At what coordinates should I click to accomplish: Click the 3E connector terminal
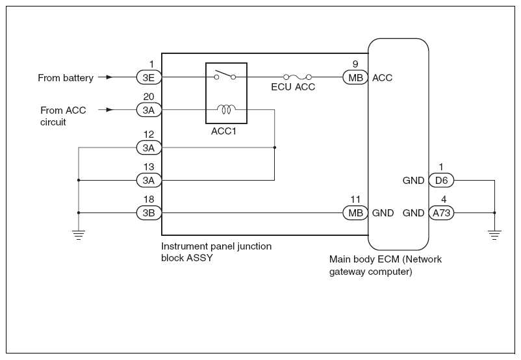(x=149, y=77)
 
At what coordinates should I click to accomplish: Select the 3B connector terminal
(x=149, y=212)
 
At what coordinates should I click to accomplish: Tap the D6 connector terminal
(x=441, y=181)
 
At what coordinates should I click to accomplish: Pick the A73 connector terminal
(x=441, y=212)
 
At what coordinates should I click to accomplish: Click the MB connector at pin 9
(x=355, y=77)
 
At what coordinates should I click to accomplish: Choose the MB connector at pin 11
(x=355, y=212)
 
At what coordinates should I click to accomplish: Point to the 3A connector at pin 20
(x=149, y=110)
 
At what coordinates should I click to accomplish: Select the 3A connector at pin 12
(x=149, y=148)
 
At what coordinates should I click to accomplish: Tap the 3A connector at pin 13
(x=149, y=181)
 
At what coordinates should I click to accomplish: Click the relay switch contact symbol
(x=225, y=75)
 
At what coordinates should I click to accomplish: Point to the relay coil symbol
(x=226, y=109)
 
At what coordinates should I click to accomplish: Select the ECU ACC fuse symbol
(x=298, y=77)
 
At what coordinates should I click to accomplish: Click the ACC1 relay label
(x=223, y=131)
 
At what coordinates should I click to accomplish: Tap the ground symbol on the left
(x=79, y=235)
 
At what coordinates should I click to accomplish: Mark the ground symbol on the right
(x=495, y=235)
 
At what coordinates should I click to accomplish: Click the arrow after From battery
(x=106, y=77)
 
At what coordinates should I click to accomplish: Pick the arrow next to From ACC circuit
(x=106, y=110)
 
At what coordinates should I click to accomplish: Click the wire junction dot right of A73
(x=495, y=212)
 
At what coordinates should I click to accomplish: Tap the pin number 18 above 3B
(x=149, y=199)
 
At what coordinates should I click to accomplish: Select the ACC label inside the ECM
(x=382, y=78)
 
